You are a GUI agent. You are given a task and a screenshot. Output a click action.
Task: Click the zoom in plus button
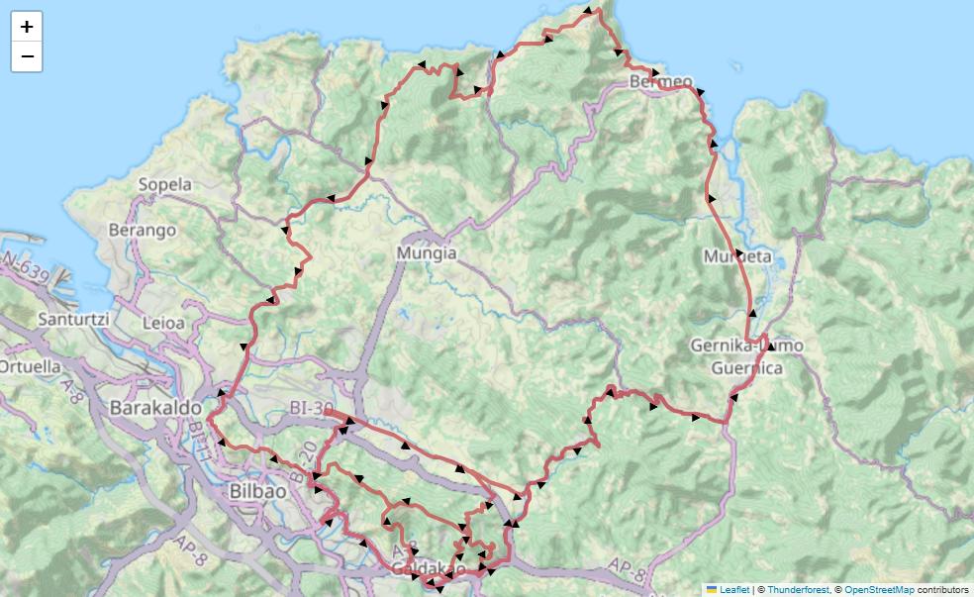tap(27, 27)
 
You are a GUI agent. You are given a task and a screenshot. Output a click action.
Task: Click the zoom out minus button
tap(27, 56)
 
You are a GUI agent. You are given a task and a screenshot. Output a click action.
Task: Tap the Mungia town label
tap(427, 252)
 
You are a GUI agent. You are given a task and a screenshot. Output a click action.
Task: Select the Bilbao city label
tap(257, 491)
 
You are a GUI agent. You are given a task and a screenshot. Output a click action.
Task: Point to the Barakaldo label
tap(155, 407)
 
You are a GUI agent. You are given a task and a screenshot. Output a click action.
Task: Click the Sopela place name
tap(164, 184)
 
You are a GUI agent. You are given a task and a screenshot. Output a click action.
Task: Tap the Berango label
tap(144, 230)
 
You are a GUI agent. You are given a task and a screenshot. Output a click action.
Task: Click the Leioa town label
tap(163, 323)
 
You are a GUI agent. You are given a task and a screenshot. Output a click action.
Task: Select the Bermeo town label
tap(660, 81)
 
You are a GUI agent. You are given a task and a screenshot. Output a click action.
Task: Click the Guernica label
tap(746, 368)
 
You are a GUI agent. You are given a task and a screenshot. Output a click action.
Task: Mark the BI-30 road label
tap(313, 407)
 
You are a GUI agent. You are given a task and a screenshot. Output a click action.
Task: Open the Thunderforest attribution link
tap(798, 589)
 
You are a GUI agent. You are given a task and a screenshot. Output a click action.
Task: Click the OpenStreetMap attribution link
tap(879, 589)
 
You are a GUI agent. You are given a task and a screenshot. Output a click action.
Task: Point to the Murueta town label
tap(736, 256)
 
